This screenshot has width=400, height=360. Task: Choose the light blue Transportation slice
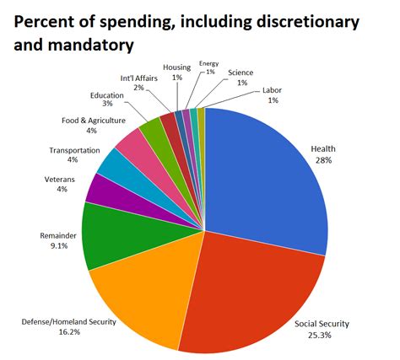click(x=114, y=165)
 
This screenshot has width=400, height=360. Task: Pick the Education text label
click(x=106, y=95)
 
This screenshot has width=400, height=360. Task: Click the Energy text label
click(x=208, y=63)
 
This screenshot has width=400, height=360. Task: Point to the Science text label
click(x=242, y=73)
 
